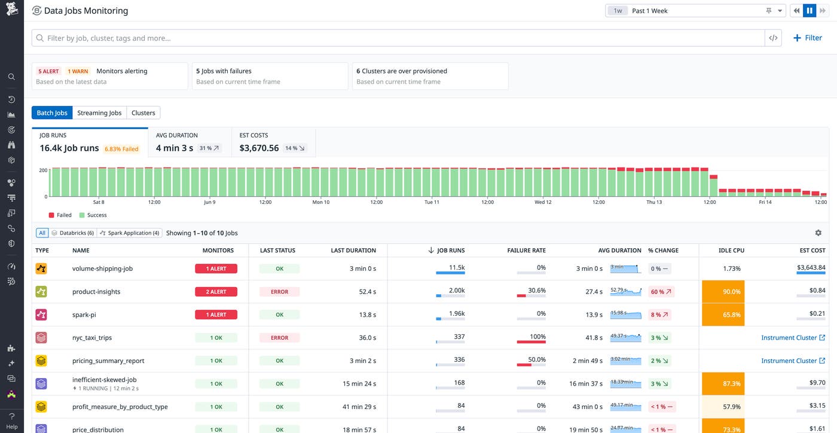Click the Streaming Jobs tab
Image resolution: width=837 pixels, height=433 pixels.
coord(99,112)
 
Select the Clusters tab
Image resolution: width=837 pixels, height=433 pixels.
coord(143,112)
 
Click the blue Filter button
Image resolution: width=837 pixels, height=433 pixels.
coord(807,38)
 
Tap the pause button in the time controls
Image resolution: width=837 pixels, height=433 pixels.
coord(809,11)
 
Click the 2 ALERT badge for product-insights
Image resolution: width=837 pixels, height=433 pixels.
coord(216,292)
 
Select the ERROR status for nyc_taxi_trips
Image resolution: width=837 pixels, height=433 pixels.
coord(279,338)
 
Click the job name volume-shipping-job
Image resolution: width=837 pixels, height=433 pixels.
coord(102,269)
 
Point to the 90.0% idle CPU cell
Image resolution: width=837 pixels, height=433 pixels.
coord(723,292)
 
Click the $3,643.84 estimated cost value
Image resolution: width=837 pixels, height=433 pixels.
coord(811,267)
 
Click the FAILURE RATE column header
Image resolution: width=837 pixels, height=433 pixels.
coord(526,251)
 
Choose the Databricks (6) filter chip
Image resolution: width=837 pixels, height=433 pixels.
coord(73,233)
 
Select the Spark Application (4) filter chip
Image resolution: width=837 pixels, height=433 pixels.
coord(130,233)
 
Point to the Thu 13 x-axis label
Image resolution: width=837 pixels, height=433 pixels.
coord(654,202)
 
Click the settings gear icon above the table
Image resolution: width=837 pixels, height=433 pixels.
coord(818,233)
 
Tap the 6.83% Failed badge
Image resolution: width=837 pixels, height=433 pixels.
coord(121,149)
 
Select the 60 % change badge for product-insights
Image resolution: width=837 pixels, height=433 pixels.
coord(661,292)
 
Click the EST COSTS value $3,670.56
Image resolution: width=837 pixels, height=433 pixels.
coord(259,148)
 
